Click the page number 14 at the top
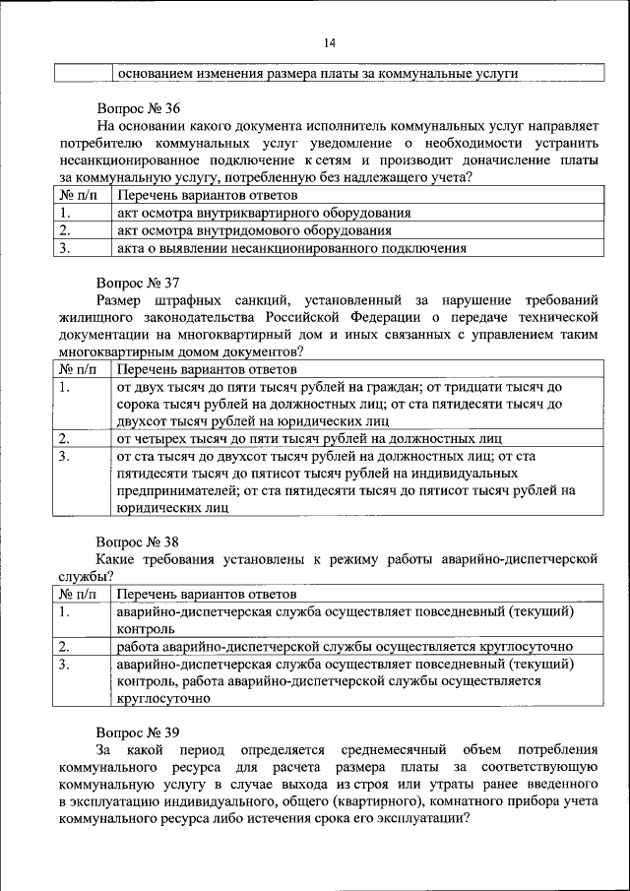click(329, 42)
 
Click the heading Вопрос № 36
click(138, 108)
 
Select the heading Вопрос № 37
click(138, 282)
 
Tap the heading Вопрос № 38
click(138, 541)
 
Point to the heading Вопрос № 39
click(138, 732)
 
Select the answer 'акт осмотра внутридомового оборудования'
click(254, 230)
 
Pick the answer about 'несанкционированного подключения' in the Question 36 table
click(290, 248)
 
